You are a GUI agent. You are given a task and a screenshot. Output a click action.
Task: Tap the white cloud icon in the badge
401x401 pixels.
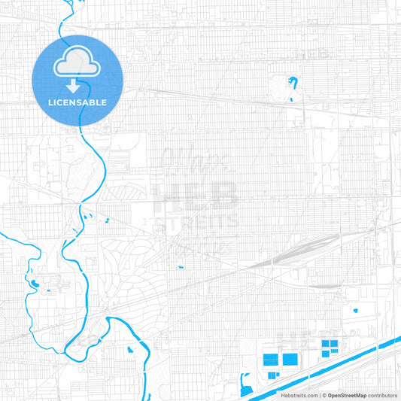[77, 65]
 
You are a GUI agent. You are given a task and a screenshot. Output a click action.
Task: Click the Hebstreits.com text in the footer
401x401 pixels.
[299, 395]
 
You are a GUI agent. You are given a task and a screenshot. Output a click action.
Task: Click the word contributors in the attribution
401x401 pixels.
[382, 395]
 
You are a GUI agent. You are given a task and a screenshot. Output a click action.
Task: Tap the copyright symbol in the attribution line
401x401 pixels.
[324, 395]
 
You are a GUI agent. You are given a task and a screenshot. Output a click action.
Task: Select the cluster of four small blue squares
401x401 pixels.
[330, 348]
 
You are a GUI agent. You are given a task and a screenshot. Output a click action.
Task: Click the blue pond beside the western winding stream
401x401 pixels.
[34, 284]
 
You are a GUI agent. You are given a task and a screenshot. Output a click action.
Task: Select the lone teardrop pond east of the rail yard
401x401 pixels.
[354, 309]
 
